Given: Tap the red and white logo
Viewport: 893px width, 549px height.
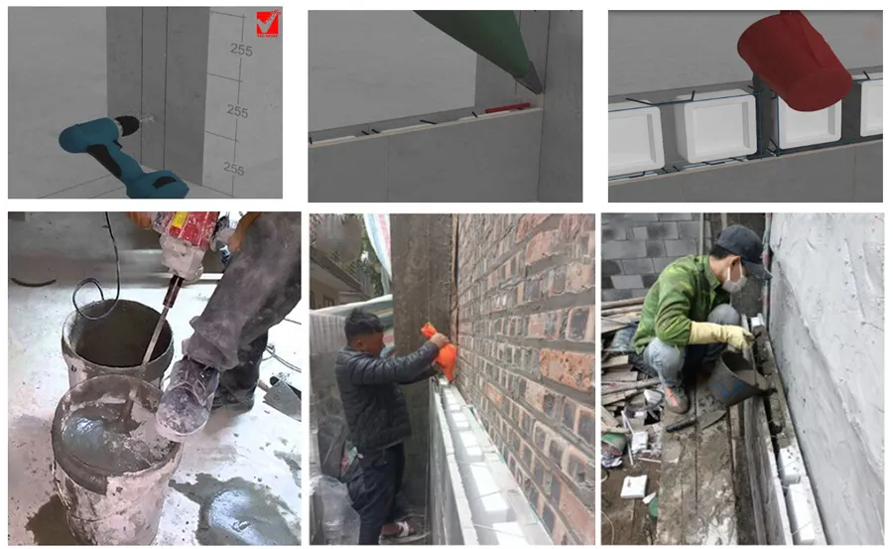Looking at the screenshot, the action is point(268,24).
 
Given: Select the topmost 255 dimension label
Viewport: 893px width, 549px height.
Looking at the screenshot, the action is point(241,51).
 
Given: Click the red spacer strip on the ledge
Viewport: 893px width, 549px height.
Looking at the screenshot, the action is point(507,108).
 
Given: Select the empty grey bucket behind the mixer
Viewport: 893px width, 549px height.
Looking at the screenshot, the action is point(118,341).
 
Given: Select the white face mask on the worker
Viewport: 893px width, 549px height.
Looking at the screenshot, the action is point(734,280).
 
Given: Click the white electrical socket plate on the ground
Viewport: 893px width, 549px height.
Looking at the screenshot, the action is point(633,486).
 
